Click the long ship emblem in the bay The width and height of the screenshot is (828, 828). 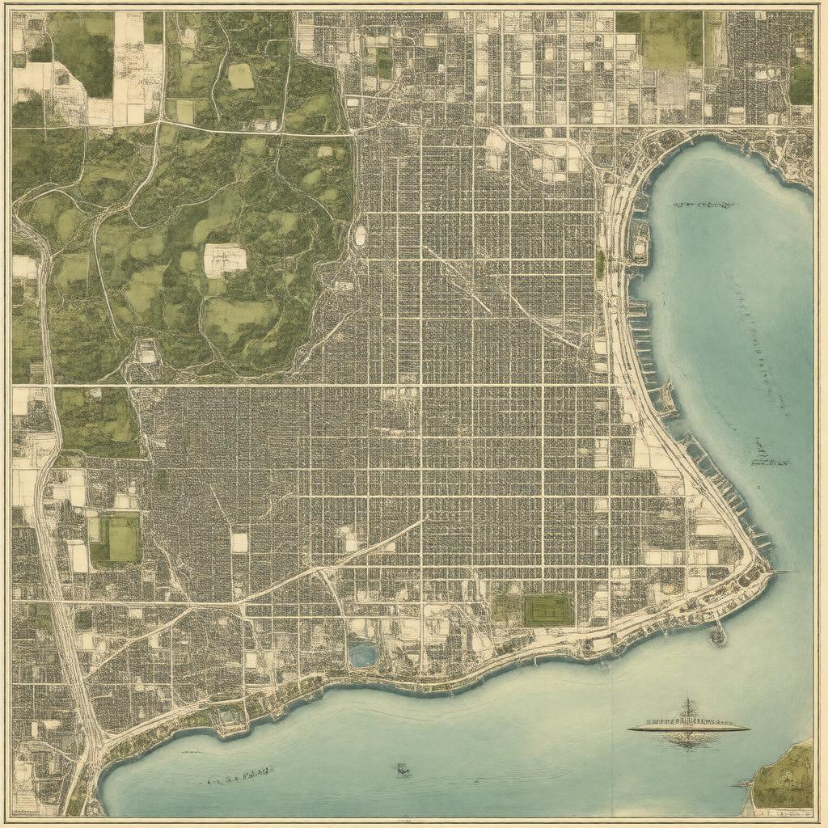point(688,726)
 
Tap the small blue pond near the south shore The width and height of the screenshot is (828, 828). point(363,655)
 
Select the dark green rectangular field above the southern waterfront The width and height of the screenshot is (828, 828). point(547,610)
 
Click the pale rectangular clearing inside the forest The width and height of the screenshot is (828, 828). point(225,260)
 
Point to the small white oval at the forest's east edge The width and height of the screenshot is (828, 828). point(360,236)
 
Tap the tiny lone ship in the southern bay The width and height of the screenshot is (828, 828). point(402,770)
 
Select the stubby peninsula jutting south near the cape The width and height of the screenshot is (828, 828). point(717,636)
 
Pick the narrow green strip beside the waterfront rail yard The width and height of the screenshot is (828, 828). point(600,264)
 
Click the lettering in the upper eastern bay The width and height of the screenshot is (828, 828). point(703,205)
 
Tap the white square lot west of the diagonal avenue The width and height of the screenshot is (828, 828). point(239,542)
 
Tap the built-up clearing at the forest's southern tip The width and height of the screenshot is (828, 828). point(146,353)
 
